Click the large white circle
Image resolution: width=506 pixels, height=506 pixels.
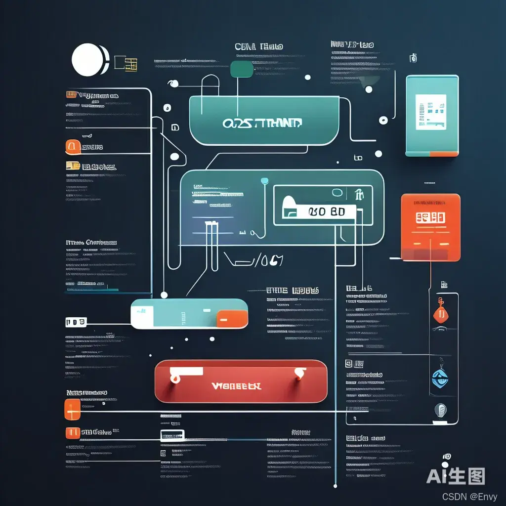tap(88, 60)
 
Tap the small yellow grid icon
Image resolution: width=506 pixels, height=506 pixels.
tap(131, 64)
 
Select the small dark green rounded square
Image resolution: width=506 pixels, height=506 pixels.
tap(241, 69)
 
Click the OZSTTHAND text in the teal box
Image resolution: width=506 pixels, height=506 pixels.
tap(262, 123)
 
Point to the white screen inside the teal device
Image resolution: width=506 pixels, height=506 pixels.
tap(430, 112)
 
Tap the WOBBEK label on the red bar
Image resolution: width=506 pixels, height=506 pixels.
tap(236, 385)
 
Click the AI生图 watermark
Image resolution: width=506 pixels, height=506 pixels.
tap(456, 476)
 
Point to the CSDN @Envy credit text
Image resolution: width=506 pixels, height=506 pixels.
tap(470, 496)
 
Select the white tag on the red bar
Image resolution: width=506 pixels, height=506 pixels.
tap(186, 371)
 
